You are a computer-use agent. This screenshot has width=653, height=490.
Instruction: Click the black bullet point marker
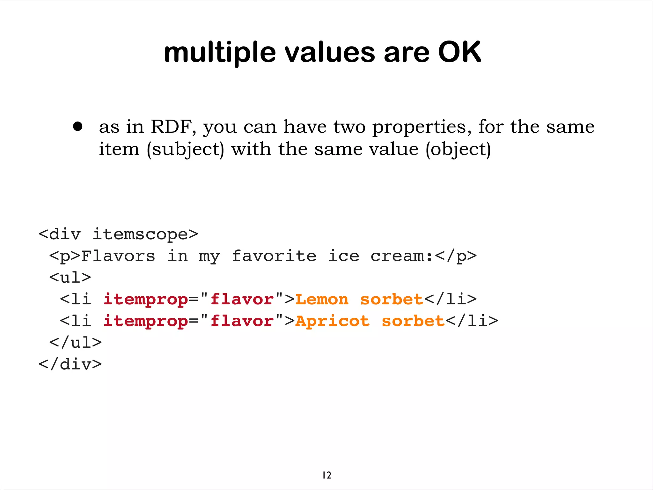coord(77,127)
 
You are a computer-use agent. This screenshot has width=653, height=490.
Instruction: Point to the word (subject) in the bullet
coord(185,149)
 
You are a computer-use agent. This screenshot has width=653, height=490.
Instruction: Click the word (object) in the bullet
coord(458,149)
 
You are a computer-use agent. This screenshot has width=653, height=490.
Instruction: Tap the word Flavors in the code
coord(118,256)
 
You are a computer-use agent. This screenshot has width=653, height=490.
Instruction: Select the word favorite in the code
coord(274,256)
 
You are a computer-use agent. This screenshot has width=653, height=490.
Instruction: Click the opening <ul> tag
coord(70,277)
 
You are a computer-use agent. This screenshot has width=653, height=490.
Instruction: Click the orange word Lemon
coord(322,299)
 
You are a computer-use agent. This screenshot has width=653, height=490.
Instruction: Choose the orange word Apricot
coord(332,321)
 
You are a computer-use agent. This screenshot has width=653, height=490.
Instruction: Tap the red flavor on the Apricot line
coord(242,321)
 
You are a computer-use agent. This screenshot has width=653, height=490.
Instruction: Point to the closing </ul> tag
coord(76,343)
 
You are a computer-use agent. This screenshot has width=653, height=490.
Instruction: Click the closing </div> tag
coord(70,364)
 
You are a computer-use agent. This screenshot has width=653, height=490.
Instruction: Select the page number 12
coord(327,475)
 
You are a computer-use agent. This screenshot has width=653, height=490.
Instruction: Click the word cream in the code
coord(397,256)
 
